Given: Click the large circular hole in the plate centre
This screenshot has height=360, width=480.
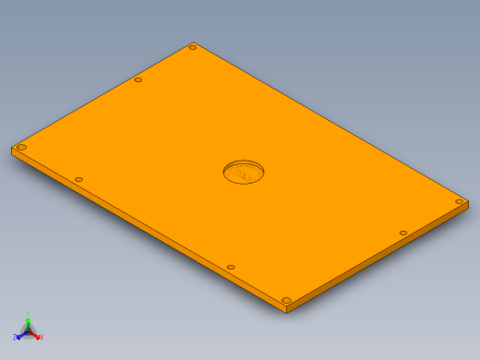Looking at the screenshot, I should (244, 172).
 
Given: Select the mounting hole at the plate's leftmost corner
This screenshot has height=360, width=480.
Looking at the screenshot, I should (21, 147).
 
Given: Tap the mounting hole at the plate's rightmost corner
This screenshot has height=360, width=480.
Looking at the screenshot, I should (459, 201).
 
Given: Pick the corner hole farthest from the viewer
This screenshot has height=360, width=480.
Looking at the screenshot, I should (193, 47).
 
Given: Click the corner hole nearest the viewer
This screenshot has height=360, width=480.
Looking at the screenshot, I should (286, 300).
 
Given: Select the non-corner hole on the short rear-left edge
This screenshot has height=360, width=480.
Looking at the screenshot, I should (138, 79).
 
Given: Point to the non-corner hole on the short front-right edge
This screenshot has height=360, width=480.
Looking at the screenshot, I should (403, 234).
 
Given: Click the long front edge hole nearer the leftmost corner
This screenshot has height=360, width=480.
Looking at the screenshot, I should (78, 179).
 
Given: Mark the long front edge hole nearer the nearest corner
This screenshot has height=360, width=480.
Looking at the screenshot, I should (231, 268).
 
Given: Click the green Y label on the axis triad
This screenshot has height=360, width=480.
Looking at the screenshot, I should (29, 314).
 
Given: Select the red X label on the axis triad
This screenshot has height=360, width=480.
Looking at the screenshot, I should (42, 337).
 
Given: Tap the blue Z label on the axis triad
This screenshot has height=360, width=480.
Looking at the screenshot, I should (16, 337).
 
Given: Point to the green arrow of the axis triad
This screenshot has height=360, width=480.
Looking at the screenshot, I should (29, 323).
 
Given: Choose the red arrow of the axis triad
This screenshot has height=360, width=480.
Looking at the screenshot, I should (35, 333).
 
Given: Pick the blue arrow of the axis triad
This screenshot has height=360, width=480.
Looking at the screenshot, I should (22, 333).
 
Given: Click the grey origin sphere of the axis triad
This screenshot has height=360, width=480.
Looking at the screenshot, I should (29, 330).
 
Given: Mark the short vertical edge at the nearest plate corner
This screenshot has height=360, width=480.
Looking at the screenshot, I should (286, 308).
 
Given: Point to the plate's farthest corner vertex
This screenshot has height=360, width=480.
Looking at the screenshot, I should (194, 42).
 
